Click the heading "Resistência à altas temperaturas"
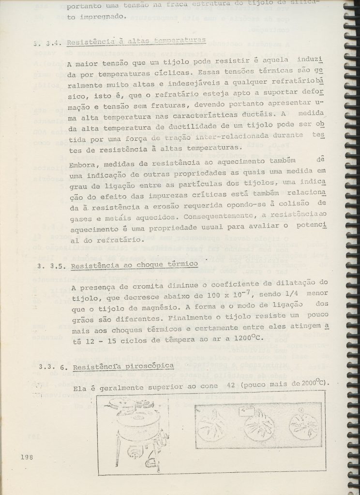point(136,42)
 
